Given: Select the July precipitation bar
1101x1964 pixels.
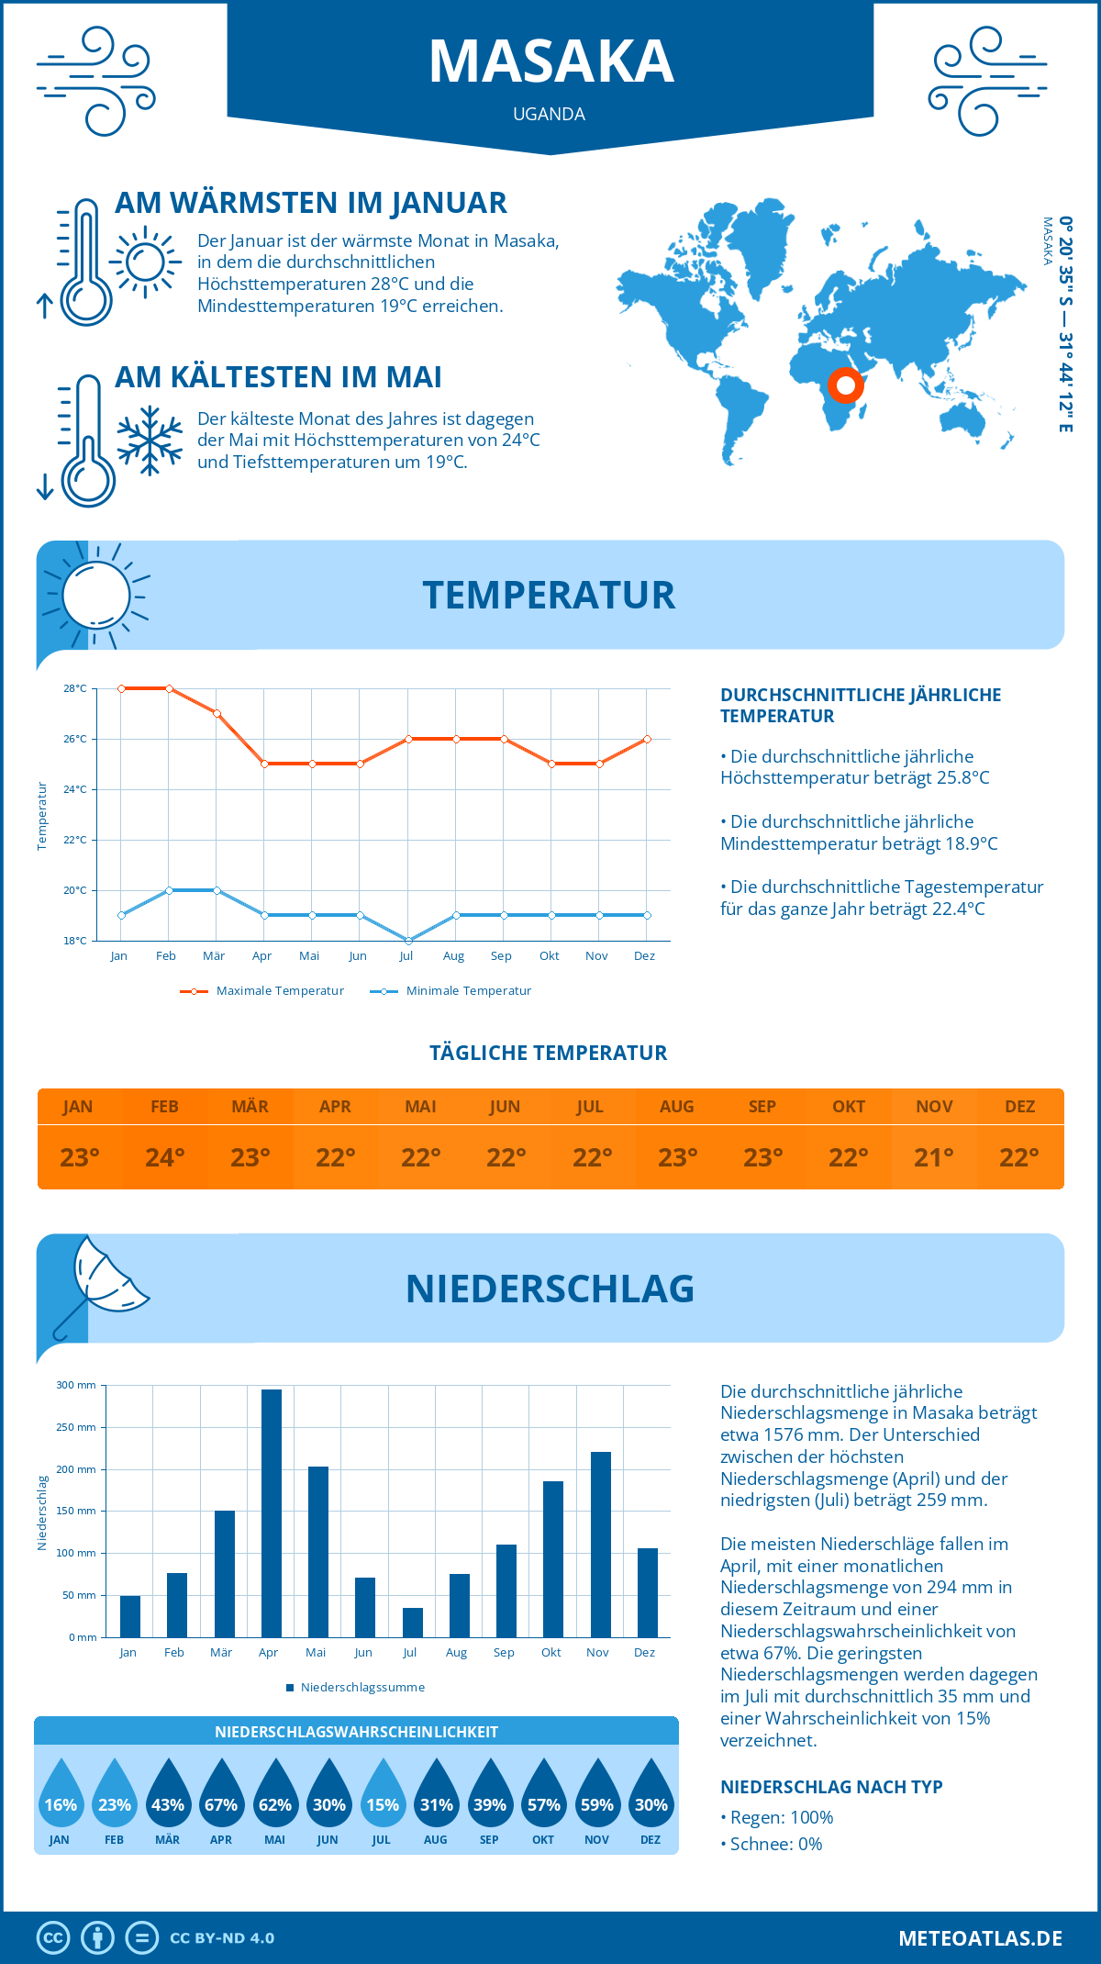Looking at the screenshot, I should (x=413, y=1622).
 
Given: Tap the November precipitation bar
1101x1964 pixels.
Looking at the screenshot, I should (x=601, y=1544).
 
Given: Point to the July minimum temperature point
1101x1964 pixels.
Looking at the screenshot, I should (x=408, y=940).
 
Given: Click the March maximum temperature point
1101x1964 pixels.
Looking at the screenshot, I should (x=217, y=713).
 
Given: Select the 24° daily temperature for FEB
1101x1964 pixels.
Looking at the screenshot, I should (x=165, y=1157).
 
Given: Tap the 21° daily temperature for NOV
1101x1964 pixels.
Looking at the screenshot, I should (x=934, y=1157).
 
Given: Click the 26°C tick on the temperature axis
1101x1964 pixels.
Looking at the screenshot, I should (x=75, y=739).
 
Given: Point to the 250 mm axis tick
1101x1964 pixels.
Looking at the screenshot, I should (x=76, y=1427).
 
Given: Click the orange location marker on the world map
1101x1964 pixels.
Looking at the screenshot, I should (x=845, y=385).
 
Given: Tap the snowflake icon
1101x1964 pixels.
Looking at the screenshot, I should (x=150, y=441).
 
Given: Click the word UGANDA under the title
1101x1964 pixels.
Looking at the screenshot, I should (x=549, y=114).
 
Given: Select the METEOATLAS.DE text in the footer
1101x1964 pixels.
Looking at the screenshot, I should (x=980, y=1938).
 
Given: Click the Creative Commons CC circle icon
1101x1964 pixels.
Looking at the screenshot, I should (x=53, y=1938).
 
